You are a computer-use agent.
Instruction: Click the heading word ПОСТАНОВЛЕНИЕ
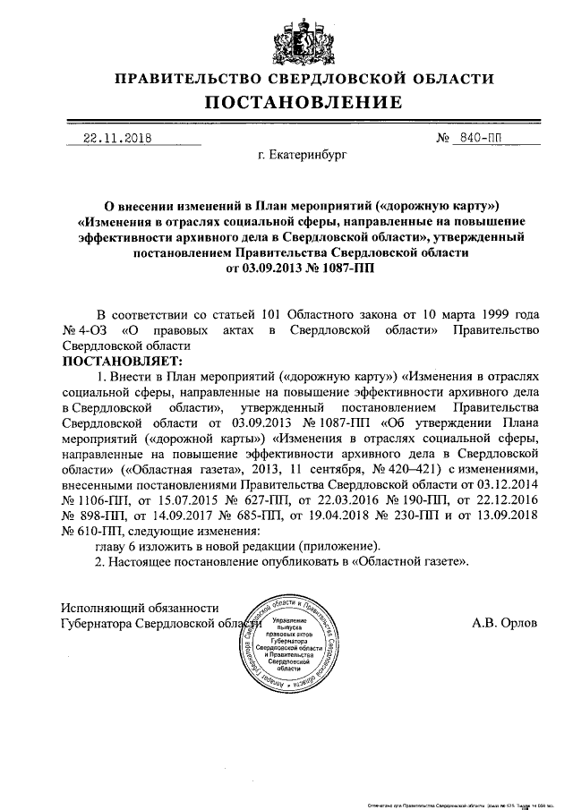tap(286, 104)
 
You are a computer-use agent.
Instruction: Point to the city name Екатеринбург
tap(300, 156)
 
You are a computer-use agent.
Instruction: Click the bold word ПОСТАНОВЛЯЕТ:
tap(121, 362)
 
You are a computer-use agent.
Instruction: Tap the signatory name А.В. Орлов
tap(505, 620)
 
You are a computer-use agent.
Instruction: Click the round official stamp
tap(287, 648)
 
